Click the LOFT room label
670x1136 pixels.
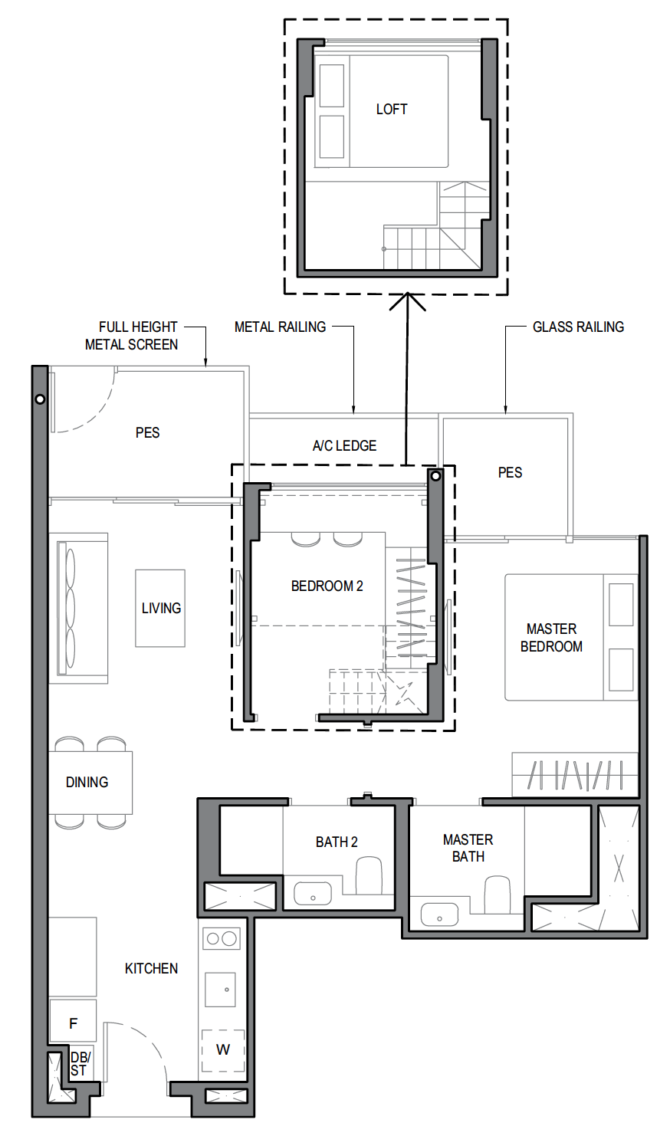coord(391,110)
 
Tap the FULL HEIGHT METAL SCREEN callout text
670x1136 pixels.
coord(132,336)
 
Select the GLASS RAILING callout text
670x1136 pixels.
coord(578,327)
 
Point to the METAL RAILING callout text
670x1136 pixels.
coord(280,327)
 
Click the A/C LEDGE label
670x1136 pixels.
coord(344,445)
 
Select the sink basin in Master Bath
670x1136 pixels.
coord(439,914)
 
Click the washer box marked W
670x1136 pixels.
coord(222,1050)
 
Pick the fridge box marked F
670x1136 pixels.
coord(73,1022)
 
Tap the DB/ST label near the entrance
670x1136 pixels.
coord(80,1064)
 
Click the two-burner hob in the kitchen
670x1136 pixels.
coord(222,938)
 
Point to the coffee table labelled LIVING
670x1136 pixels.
coord(160,608)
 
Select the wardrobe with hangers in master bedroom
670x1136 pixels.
coord(575,775)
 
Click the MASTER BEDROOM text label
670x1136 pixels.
coord(551,637)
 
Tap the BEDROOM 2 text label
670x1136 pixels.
coord(327,586)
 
